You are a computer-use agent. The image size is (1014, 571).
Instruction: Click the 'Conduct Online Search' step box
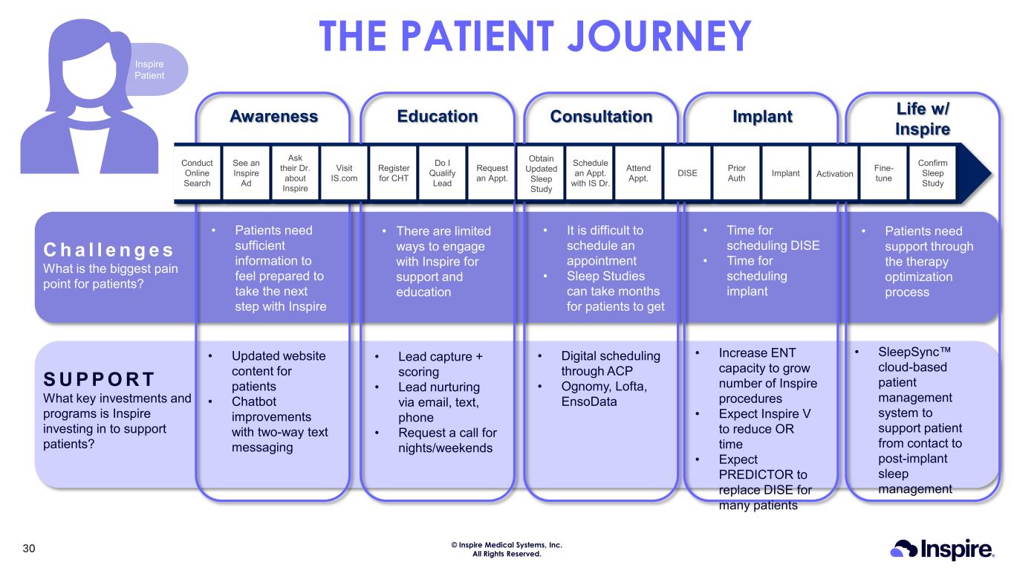point(197,173)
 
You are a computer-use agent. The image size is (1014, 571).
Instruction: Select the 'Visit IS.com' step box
point(344,173)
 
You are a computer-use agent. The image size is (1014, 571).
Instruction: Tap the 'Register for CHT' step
point(393,173)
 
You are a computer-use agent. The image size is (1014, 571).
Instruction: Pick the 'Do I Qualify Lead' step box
point(442,173)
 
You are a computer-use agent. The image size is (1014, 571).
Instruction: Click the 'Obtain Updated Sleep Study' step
point(541,173)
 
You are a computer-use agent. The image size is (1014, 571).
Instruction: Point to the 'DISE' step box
point(687,173)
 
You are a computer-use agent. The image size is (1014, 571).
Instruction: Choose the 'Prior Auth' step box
point(736,173)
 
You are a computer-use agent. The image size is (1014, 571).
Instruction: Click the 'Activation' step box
point(834,173)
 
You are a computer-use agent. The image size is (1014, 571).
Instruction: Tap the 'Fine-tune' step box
point(883,173)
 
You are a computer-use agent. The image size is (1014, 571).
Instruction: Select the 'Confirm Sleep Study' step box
point(932,173)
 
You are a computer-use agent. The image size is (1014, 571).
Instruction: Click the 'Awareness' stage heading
point(273,117)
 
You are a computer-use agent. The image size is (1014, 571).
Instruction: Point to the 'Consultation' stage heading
point(601,117)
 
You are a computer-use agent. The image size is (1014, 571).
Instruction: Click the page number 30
point(29,549)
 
